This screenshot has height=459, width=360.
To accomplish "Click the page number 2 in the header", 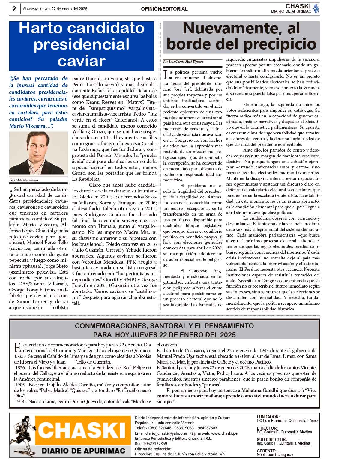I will tap(14, 9).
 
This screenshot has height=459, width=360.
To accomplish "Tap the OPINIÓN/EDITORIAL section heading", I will tap(164, 9).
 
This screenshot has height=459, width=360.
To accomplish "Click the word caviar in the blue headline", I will tap(82, 61).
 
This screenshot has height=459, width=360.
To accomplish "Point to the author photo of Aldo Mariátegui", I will tap(38, 153).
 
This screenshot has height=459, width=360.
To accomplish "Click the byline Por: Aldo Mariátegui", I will tap(24, 180).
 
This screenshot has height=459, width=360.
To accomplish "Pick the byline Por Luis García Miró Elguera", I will tap(183, 62).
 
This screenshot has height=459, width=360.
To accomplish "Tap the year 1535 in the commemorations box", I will tap(20, 356).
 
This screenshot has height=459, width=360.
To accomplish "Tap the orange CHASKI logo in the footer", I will tap(82, 431).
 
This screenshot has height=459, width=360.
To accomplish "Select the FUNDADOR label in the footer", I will tap(268, 417).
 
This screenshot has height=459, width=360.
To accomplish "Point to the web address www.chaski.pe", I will tap(224, 433).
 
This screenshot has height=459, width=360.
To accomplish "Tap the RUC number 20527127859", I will tap(155, 443).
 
